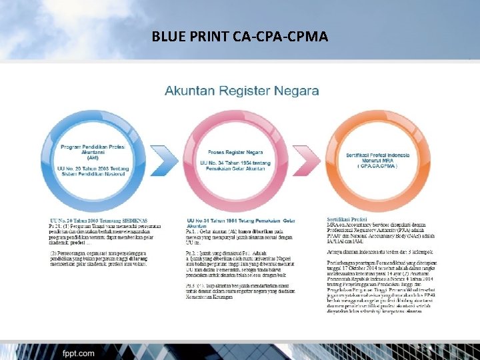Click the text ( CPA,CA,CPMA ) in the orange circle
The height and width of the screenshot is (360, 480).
pyautogui.click(x=372, y=166)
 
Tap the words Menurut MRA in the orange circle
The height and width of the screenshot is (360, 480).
pyautogui.click(x=372, y=160)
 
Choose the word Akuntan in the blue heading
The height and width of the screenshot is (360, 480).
pyautogui.click(x=188, y=90)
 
